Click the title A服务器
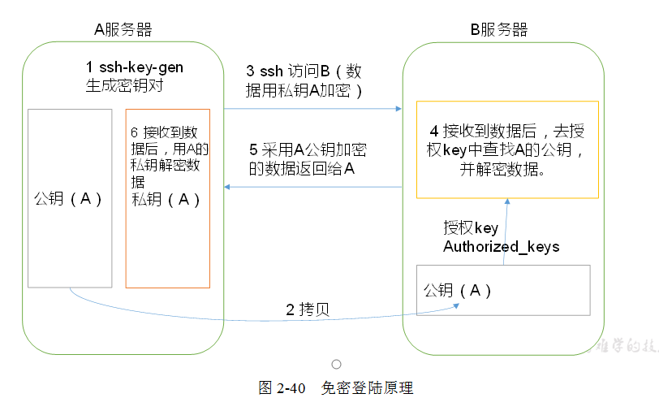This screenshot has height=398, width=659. coord(123,30)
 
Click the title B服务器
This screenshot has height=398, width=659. coord(499,30)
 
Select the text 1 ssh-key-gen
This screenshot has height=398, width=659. coord(135,67)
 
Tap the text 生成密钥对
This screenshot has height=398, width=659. coord(118,84)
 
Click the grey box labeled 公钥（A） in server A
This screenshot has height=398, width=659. coord(69,244)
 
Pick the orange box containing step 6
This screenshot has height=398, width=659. coord(167,244)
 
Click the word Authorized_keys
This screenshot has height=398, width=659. coord(501,247)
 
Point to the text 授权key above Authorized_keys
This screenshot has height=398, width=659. coord(470,228)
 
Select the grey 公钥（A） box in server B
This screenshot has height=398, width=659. coord(503,290)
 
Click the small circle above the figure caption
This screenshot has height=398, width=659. coord(336,365)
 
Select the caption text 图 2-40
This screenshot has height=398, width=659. coord(282,387)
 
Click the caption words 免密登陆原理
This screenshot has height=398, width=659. coord(367,387)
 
